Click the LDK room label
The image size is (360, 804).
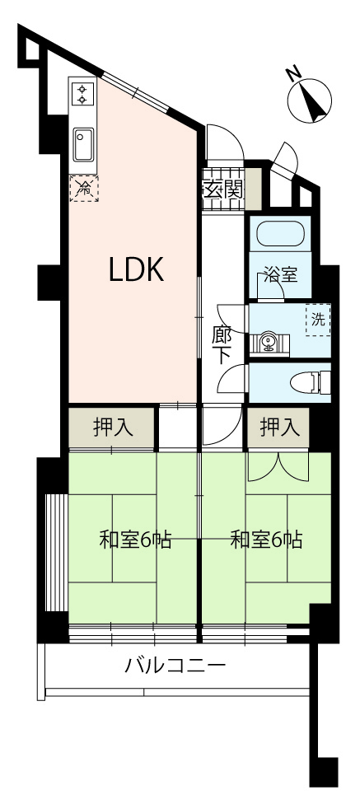click(x=137, y=269)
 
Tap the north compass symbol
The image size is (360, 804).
click(x=309, y=99)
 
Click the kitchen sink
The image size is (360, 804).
click(x=82, y=144)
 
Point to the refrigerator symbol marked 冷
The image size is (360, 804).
click(x=84, y=188)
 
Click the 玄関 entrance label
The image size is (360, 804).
click(x=222, y=191)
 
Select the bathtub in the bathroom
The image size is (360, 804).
click(x=277, y=234)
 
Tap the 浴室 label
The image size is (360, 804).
click(x=280, y=275)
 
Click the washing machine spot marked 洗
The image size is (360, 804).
click(x=318, y=320)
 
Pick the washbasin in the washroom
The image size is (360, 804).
click(x=269, y=343)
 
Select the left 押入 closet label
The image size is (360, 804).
click(x=114, y=427)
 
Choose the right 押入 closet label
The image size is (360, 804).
click(x=280, y=427)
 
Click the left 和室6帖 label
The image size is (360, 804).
click(x=135, y=540)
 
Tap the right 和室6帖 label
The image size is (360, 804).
click(x=266, y=540)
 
